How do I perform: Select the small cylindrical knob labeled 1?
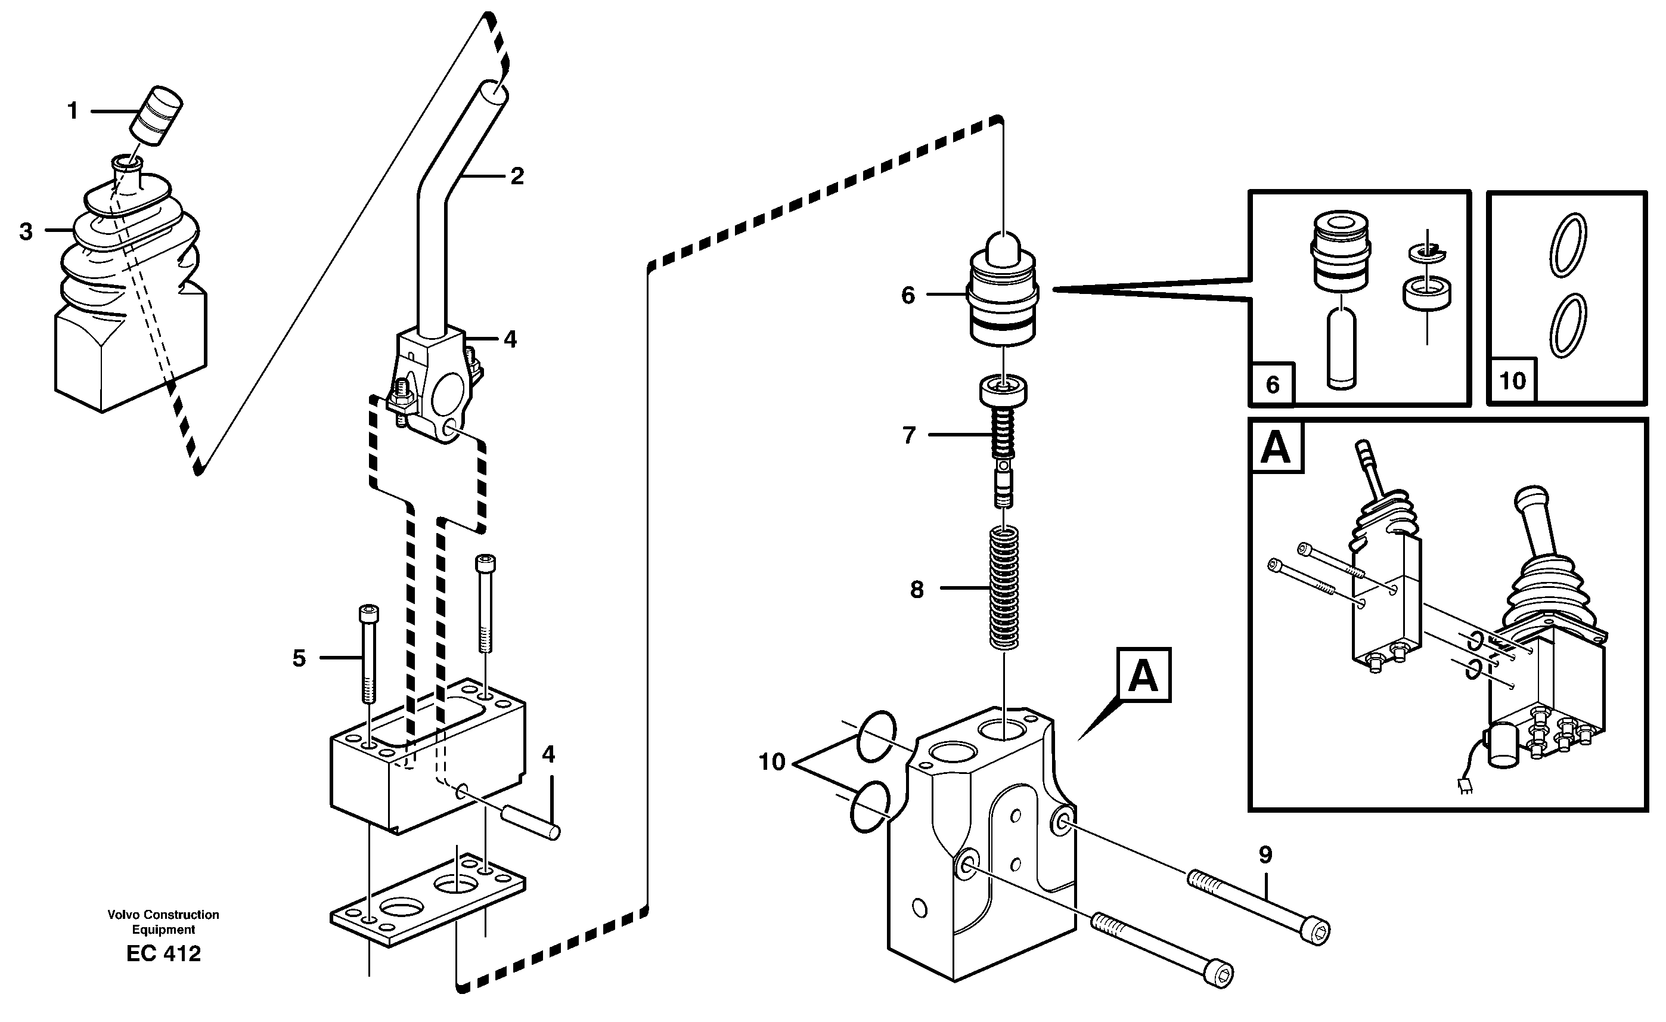(157, 115)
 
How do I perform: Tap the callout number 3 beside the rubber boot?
(26, 232)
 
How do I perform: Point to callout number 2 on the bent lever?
(517, 176)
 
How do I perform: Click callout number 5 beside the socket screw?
(299, 658)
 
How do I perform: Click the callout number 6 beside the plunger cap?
(908, 296)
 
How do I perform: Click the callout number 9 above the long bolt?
(1265, 856)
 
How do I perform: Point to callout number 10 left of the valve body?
(771, 762)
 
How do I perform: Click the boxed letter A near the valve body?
(1143, 675)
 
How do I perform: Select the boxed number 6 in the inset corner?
(1273, 385)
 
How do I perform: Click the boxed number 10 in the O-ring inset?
(1513, 381)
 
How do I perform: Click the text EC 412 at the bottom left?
(164, 953)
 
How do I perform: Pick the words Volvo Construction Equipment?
(164, 922)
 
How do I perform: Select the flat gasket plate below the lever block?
(427, 903)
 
